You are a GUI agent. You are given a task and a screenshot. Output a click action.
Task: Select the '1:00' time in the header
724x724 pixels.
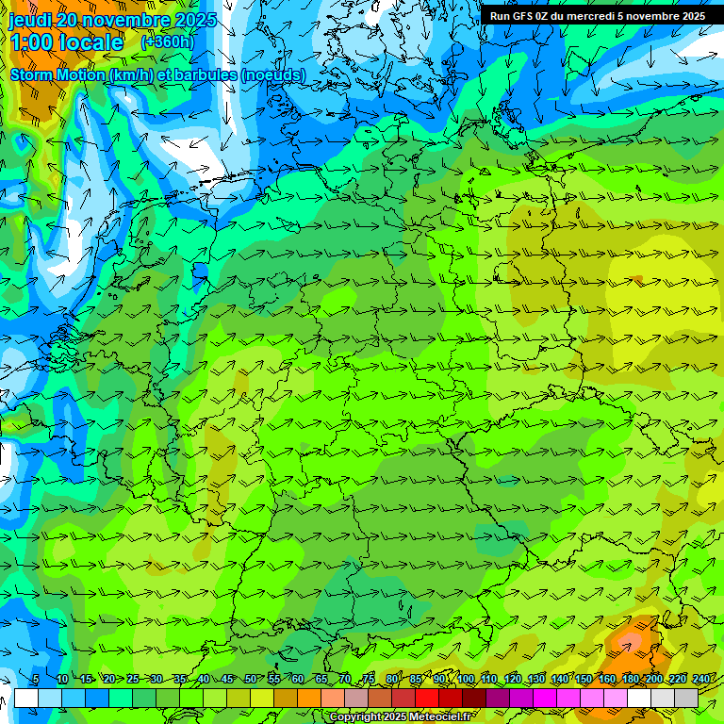pyautogui.click(x=32, y=42)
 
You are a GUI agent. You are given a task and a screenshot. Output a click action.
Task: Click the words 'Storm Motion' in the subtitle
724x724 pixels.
pyautogui.click(x=58, y=74)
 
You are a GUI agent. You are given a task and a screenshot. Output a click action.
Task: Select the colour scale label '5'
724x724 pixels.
pyautogui.click(x=35, y=680)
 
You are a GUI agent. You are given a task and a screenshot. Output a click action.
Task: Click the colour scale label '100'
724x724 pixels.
pyautogui.click(x=466, y=680)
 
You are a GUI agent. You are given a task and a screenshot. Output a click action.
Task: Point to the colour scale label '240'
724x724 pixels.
pyautogui.click(x=701, y=680)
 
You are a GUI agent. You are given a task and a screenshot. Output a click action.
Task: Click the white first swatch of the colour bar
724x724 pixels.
pyautogui.click(x=26, y=698)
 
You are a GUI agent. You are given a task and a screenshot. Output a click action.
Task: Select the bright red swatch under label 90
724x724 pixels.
pyautogui.click(x=427, y=698)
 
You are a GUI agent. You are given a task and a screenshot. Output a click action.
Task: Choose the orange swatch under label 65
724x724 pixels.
pyautogui.click(x=309, y=698)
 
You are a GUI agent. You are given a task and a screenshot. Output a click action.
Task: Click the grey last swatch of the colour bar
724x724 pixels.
pyautogui.click(x=686, y=698)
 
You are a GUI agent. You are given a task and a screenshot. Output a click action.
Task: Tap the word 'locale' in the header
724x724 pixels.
pyautogui.click(x=91, y=42)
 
